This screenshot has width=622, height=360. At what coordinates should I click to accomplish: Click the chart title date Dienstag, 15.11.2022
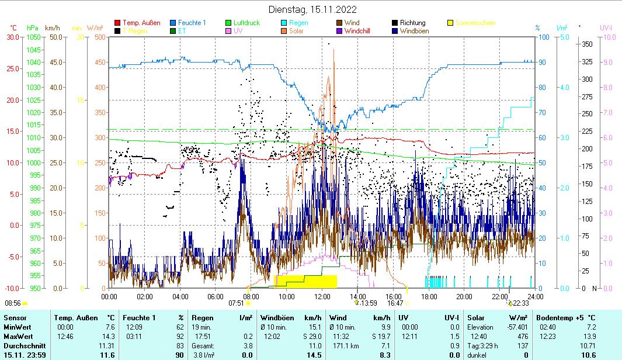click(x=312, y=9)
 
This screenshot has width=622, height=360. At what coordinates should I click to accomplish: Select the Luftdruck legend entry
click(x=246, y=23)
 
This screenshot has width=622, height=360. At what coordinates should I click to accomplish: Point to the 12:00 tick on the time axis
click(x=322, y=296)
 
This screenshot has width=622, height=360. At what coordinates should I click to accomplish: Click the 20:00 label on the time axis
click(x=464, y=296)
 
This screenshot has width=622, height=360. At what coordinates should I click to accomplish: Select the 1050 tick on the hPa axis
click(x=33, y=37)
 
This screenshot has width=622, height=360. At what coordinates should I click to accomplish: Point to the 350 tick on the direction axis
click(x=587, y=44)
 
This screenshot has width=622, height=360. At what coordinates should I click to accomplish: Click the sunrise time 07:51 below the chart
click(x=236, y=303)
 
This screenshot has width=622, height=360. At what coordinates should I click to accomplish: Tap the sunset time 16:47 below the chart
click(x=395, y=303)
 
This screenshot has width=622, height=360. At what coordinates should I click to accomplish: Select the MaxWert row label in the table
click(x=18, y=337)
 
